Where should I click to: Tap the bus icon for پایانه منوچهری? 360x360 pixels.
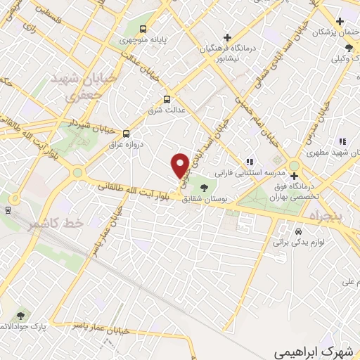pyautogui.click(x=143, y=30)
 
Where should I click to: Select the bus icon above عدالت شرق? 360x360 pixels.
pyautogui.click(x=167, y=99)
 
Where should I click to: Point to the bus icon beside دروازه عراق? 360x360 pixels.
pyautogui.click(x=126, y=132)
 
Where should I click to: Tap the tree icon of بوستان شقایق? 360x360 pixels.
pyautogui.click(x=204, y=188)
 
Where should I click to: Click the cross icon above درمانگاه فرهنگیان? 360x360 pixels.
pyautogui.click(x=226, y=37)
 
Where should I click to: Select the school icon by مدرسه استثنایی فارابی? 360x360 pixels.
pyautogui.click(x=248, y=162)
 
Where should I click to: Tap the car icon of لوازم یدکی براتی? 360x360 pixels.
pyautogui.click(x=299, y=231)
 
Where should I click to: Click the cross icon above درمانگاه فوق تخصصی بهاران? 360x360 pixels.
pyautogui.click(x=294, y=175)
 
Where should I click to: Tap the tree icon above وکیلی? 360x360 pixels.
pyautogui.click(x=348, y=48)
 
